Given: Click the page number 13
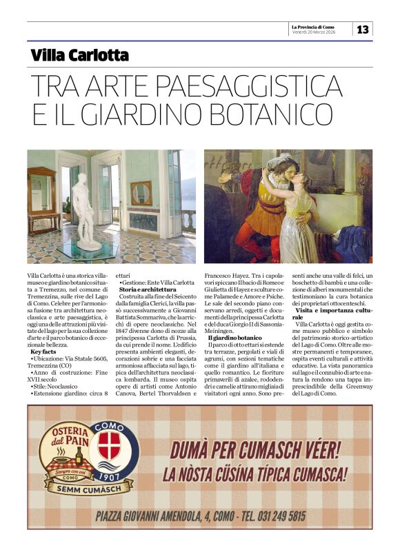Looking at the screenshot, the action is coord(363,29).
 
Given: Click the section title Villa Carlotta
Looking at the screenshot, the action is coord(80,56).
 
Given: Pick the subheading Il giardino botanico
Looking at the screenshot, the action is coord(235,338).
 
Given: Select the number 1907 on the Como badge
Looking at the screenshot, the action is coord(108,475).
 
